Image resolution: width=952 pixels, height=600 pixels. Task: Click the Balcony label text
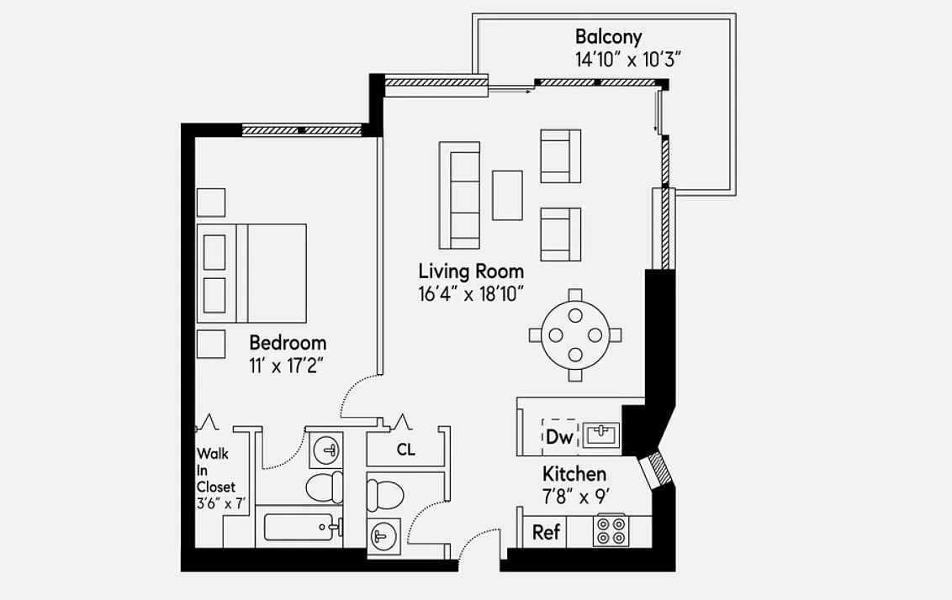pyautogui.click(x=608, y=36)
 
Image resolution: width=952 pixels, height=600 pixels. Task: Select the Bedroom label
pyautogui.click(x=288, y=343)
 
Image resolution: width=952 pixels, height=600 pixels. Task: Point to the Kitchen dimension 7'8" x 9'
pyautogui.click(x=576, y=497)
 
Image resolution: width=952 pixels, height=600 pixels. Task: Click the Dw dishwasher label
pyautogui.click(x=560, y=436)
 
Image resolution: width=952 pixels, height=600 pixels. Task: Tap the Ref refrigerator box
pyautogui.click(x=545, y=532)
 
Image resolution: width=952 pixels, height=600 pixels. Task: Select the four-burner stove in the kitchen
pyautogui.click(x=611, y=531)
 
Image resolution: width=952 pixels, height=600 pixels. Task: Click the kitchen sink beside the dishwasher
pyautogui.click(x=601, y=435)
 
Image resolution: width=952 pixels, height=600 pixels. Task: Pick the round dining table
pyautogui.click(x=575, y=335)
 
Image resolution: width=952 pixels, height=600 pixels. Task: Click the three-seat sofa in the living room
pyautogui.click(x=460, y=195)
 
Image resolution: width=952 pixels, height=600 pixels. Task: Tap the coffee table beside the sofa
pyautogui.click(x=508, y=195)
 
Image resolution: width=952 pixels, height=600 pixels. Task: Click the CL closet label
pyautogui.click(x=406, y=450)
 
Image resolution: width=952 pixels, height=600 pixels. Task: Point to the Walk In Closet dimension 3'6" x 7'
pyautogui.click(x=222, y=503)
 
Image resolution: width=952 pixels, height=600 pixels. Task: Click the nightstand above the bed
pyautogui.click(x=211, y=203)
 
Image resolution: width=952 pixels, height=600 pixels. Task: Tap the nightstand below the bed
pyautogui.click(x=211, y=344)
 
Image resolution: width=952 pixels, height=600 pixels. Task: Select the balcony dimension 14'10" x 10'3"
pyautogui.click(x=629, y=60)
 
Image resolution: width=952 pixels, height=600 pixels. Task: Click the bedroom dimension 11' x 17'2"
pyautogui.click(x=285, y=366)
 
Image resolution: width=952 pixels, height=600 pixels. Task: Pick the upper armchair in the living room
pyautogui.click(x=561, y=156)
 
